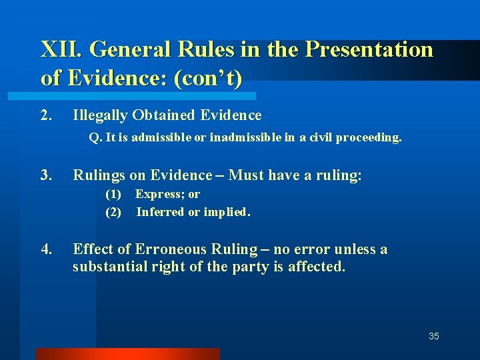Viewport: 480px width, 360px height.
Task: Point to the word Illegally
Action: pyautogui.click(x=100, y=115)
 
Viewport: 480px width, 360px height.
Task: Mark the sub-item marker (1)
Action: pyautogui.click(x=113, y=195)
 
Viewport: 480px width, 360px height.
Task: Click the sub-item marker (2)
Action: pyautogui.click(x=113, y=212)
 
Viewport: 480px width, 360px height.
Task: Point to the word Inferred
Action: pyautogui.click(x=160, y=212)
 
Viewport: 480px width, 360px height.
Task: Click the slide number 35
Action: pyautogui.click(x=433, y=336)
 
